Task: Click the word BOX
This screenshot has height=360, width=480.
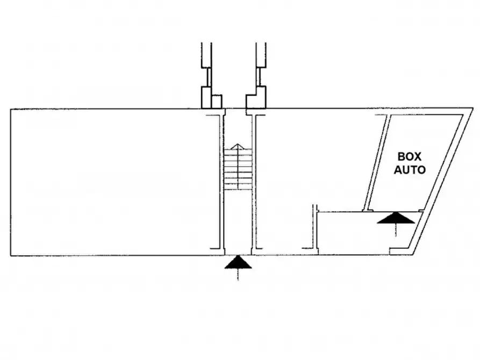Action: (x=410, y=157)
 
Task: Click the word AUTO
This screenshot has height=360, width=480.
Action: (x=410, y=170)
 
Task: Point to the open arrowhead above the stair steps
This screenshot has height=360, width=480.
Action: (x=237, y=147)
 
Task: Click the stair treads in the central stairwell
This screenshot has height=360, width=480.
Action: (x=237, y=169)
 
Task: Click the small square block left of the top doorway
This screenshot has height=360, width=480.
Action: (x=217, y=101)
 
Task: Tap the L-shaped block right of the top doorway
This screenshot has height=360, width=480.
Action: (x=254, y=100)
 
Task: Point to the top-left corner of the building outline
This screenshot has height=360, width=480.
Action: (x=11, y=110)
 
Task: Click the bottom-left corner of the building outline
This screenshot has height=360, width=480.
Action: (x=11, y=255)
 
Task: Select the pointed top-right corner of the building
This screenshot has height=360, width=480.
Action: (x=472, y=109)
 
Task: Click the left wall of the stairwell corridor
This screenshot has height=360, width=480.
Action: (x=221, y=183)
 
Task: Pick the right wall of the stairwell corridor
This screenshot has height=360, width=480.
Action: (x=253, y=183)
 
